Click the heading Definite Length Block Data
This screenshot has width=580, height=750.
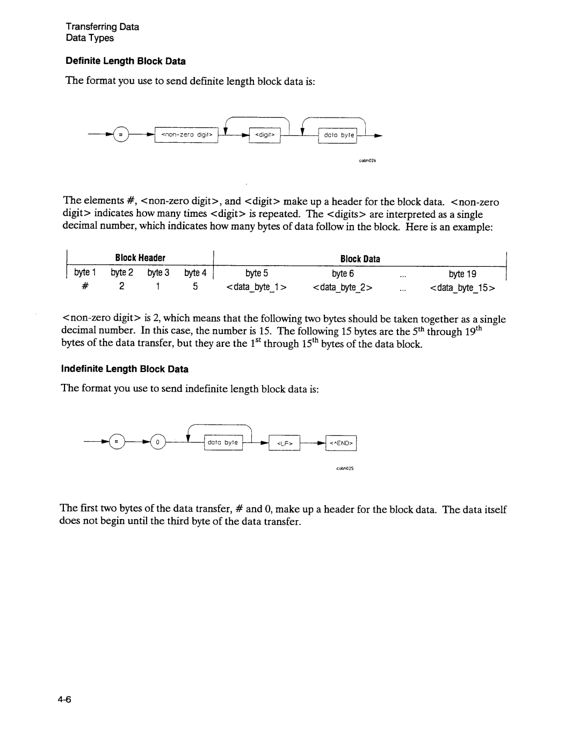[x=125, y=61]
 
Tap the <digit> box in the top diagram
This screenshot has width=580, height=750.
[x=265, y=135]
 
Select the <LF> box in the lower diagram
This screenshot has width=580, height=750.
[x=284, y=443]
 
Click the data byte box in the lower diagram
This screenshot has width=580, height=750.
[x=223, y=442]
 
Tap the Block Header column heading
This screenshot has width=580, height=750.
[x=140, y=258]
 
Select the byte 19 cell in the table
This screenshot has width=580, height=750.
[x=463, y=273]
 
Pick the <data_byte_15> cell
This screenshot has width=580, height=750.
[x=462, y=288]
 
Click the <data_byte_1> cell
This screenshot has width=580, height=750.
[x=257, y=288]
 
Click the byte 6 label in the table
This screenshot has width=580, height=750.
[x=343, y=273]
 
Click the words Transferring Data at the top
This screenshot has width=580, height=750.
[x=102, y=27]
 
